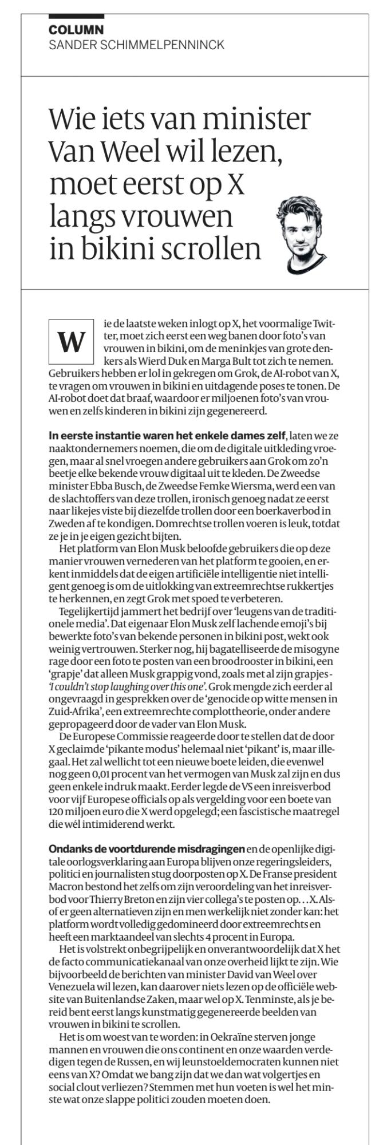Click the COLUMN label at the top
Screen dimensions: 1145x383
(x=76, y=30)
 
